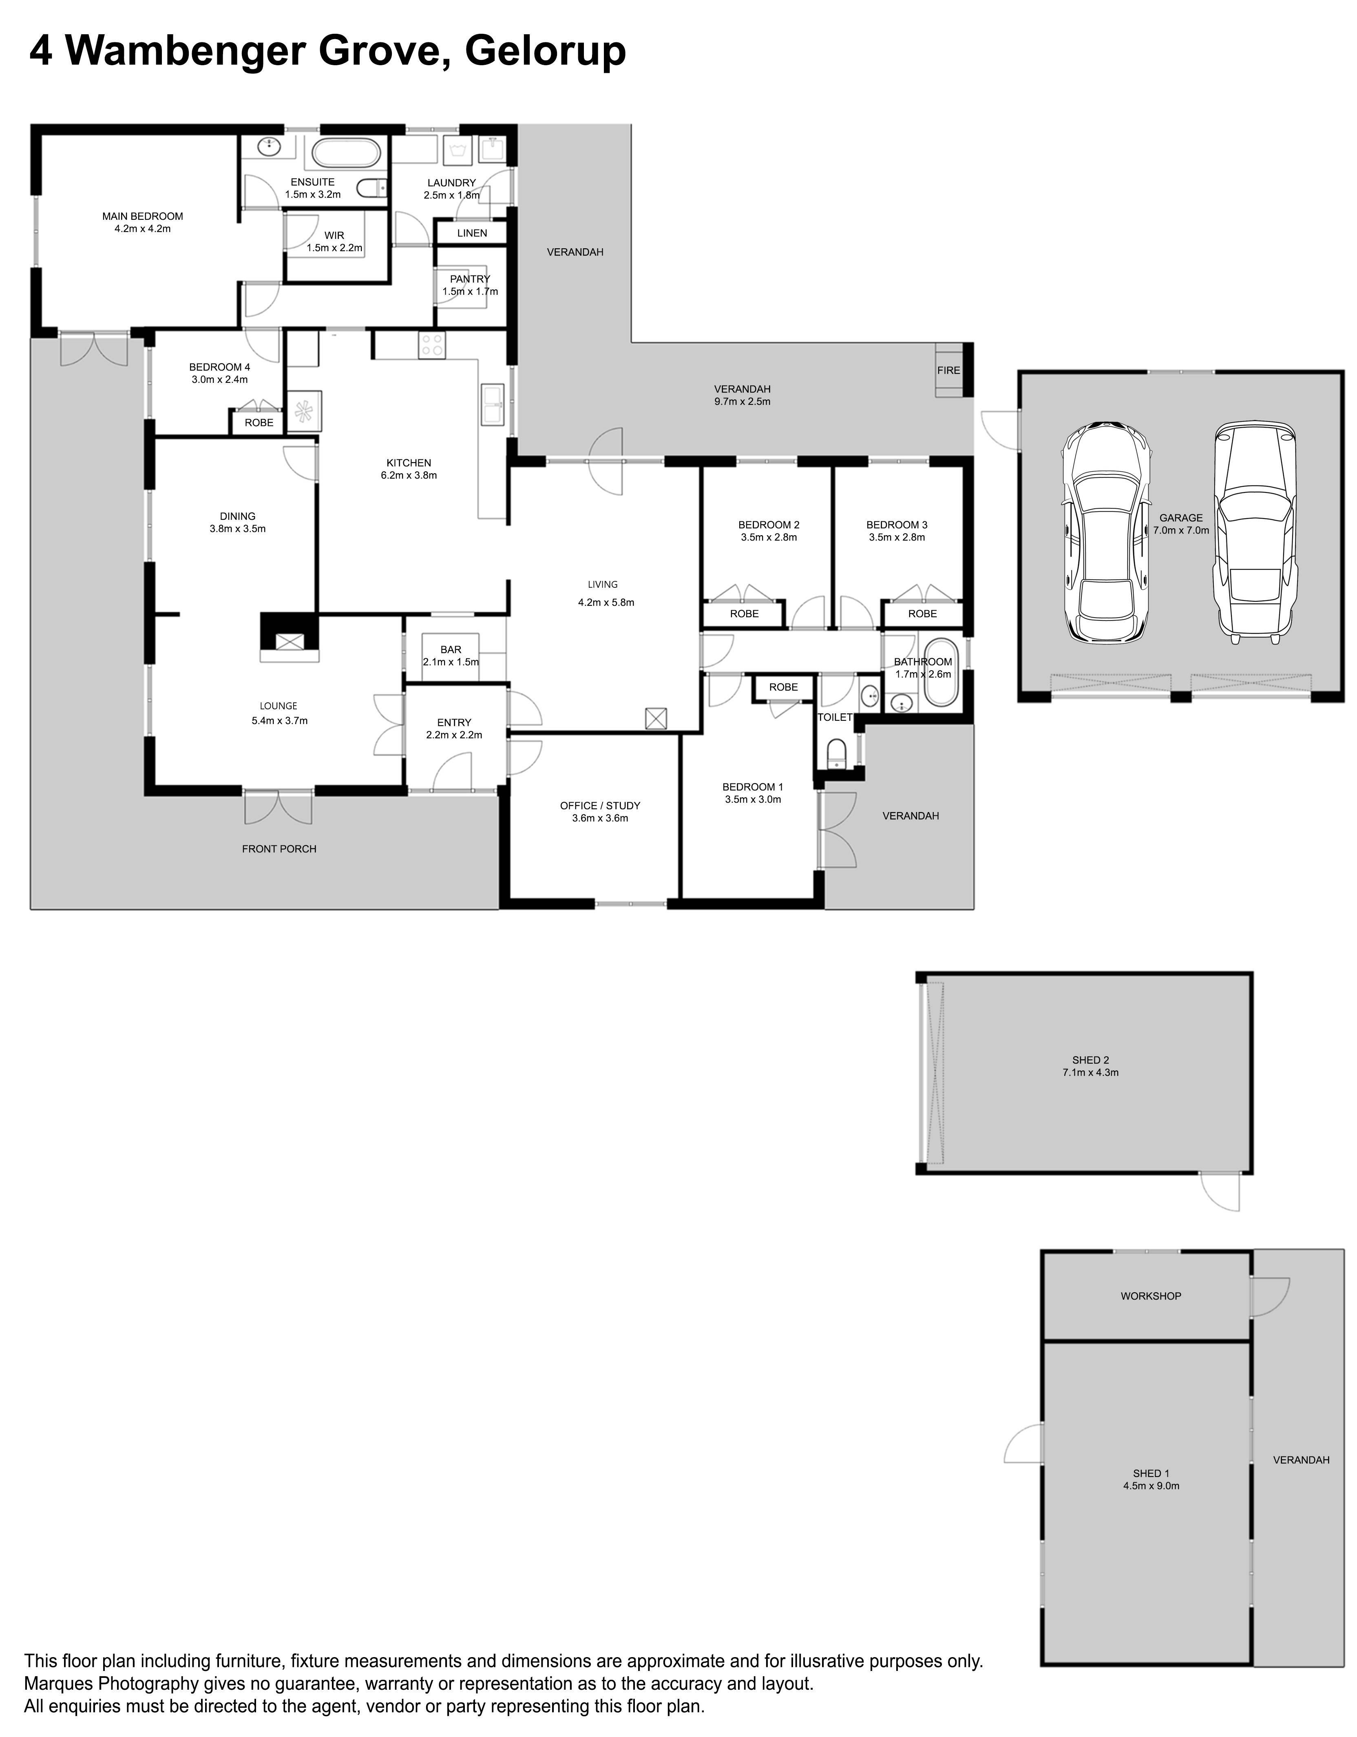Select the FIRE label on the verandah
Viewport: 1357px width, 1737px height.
point(948,371)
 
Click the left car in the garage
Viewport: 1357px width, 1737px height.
point(1107,532)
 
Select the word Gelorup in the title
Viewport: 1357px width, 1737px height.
point(545,51)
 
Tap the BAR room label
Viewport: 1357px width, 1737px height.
point(451,650)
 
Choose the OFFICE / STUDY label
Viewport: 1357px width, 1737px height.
point(600,806)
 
